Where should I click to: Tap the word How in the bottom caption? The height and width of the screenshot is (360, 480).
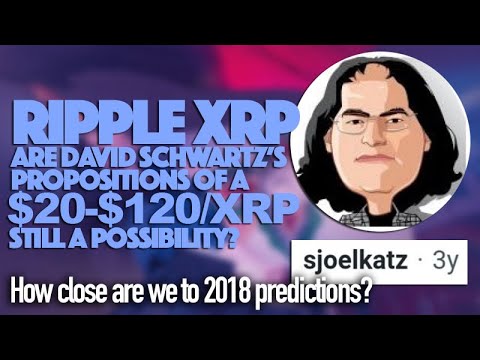click(x=30, y=298)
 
